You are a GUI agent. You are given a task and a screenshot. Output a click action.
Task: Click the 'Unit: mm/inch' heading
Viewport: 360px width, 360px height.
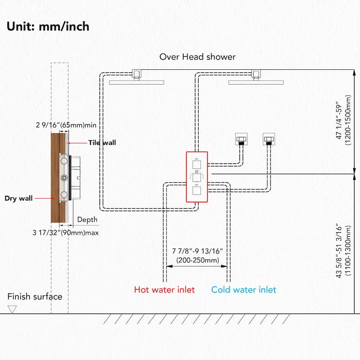[48, 26]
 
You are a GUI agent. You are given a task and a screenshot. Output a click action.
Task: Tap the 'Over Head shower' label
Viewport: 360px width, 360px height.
[198, 57]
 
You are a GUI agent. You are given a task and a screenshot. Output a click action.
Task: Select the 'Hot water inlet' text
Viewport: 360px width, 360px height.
[164, 289]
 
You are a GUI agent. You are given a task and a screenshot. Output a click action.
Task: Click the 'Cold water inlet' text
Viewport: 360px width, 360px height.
[244, 289]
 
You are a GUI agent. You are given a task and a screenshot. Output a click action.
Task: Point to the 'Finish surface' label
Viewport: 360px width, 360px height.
[35, 297]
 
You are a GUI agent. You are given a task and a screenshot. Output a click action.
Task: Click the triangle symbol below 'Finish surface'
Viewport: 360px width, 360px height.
[12, 309]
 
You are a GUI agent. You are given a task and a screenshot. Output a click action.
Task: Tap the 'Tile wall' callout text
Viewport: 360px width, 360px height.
[102, 143]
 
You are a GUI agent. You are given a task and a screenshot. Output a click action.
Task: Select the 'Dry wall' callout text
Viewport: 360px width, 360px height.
[19, 198]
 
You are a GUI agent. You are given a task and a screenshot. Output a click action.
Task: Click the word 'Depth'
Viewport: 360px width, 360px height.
[87, 220]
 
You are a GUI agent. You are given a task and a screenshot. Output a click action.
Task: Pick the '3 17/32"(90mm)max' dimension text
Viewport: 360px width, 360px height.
[66, 233]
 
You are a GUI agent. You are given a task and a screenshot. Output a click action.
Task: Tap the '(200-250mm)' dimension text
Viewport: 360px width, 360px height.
[198, 260]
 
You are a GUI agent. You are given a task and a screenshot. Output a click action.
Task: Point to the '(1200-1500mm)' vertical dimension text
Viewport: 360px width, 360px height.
[348, 122]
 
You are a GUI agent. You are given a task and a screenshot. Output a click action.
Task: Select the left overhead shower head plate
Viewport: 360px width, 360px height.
[136, 82]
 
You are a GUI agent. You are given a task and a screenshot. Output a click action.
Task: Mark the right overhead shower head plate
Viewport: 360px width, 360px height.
[256, 82]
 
